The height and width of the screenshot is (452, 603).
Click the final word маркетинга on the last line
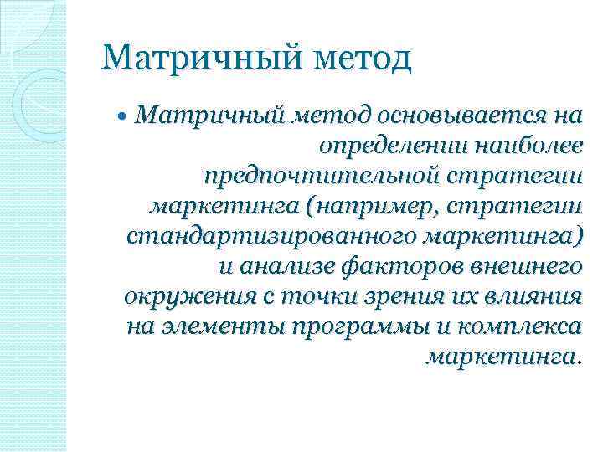(500, 357)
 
